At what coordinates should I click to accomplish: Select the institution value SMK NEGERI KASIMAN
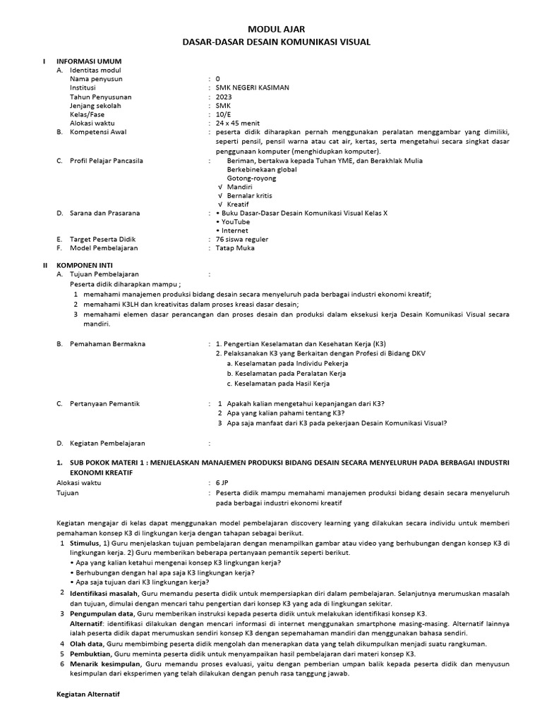click(252, 88)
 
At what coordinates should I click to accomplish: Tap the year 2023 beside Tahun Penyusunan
click(224, 97)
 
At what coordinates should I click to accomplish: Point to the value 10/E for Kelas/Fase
click(223, 114)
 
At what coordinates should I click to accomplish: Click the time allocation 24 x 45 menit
click(238, 123)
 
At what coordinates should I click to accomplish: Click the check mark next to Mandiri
click(221, 187)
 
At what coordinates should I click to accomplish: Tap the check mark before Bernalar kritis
click(221, 195)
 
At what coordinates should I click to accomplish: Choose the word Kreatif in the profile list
click(238, 204)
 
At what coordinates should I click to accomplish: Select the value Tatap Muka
click(235, 248)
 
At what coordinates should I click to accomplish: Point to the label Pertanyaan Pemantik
click(104, 403)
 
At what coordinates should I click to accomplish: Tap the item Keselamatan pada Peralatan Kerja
click(286, 373)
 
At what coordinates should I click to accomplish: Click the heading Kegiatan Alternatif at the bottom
click(88, 695)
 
